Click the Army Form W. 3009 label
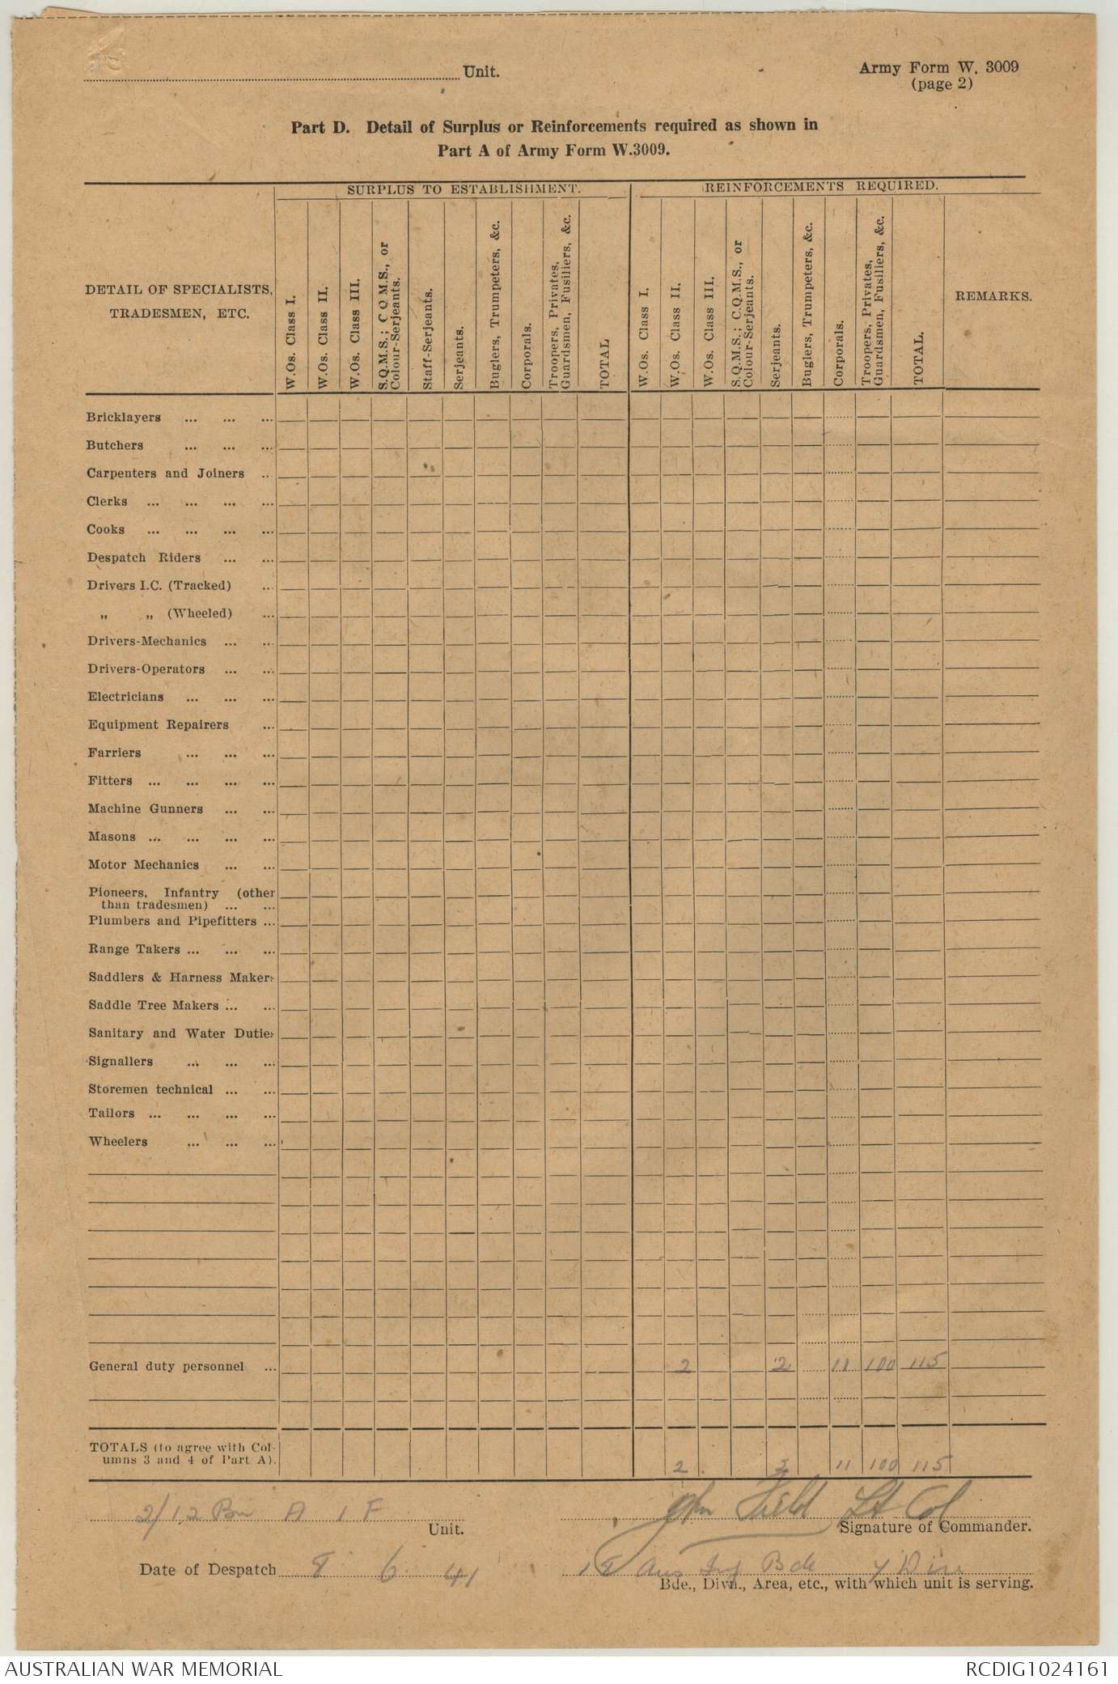tap(938, 68)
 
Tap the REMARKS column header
tap(993, 296)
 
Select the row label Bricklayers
tap(124, 418)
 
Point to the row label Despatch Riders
tap(144, 558)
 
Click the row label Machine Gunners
tap(146, 808)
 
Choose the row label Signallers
tap(121, 1061)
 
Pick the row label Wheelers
tap(118, 1142)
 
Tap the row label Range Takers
tap(134, 949)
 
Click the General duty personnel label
tap(166, 1366)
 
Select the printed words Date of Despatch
tap(208, 1569)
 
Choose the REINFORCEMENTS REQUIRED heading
tap(821, 186)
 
